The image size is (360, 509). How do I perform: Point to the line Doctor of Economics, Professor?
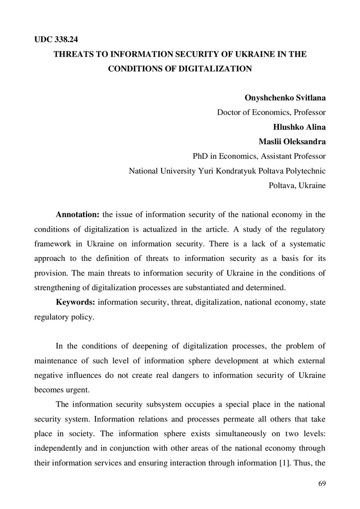271,112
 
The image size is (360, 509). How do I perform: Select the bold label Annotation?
78,215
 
